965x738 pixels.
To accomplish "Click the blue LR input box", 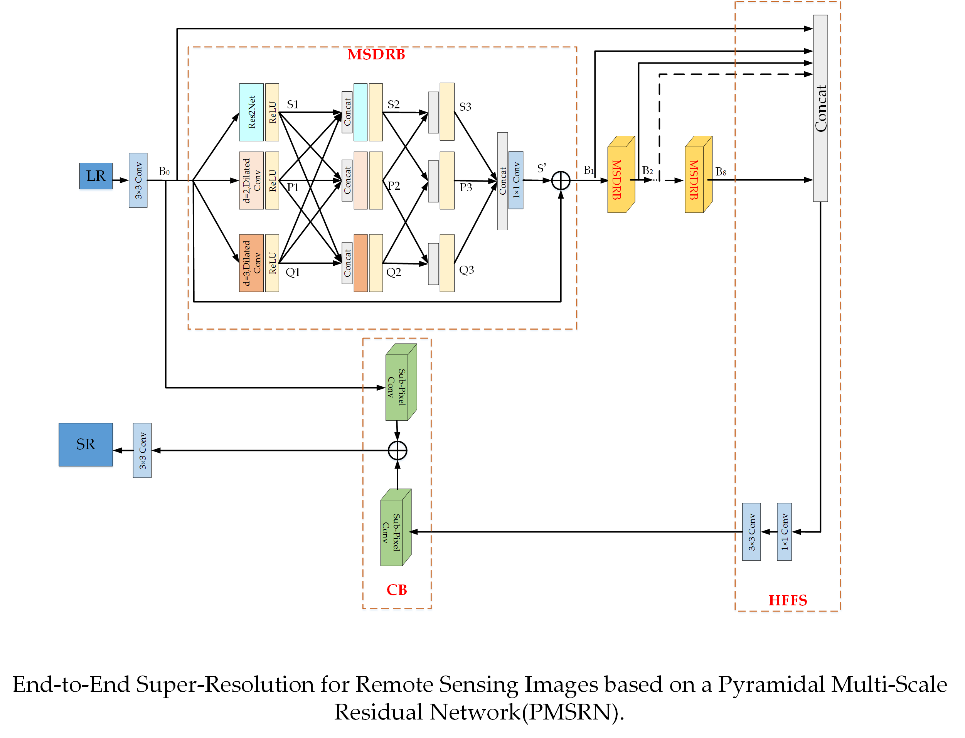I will coord(96,176).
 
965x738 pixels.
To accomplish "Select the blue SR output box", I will coord(86,444).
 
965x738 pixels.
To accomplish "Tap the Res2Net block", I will coord(251,112).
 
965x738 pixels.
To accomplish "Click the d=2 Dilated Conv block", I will coord(251,180).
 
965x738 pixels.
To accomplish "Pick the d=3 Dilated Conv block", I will coord(251,263).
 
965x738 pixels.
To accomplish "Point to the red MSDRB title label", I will coord(376,54).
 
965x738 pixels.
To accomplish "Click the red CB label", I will coord(396,590).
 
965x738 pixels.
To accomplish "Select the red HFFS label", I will coord(787,600).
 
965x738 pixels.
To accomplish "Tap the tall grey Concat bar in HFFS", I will coord(820,108).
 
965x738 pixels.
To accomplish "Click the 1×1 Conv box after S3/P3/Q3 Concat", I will coord(516,180).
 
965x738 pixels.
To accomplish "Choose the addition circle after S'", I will coord(561,180).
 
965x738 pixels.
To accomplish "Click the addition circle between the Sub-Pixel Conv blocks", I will coord(397,450).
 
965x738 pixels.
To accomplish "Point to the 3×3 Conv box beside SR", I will coord(142,450).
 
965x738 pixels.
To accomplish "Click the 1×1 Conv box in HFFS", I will coord(784,532).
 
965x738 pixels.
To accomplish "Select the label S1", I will coord(293,104).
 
